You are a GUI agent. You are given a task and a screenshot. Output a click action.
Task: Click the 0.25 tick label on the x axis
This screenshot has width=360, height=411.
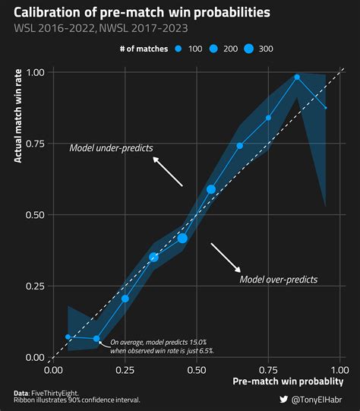pos(125,370)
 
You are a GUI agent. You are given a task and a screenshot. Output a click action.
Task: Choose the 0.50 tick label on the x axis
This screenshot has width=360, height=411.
pos(197,370)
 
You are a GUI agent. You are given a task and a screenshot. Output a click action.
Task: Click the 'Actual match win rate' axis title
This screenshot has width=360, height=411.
pos(18,114)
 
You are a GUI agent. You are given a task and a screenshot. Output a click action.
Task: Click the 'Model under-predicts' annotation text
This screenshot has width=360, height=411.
pos(111,147)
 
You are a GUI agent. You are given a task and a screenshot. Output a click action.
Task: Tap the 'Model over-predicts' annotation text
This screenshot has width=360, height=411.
pos(278,280)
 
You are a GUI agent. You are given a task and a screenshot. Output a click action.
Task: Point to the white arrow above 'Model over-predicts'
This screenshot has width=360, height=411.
pos(226,258)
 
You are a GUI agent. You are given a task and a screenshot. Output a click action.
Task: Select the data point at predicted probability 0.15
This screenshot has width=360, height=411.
pos(96,339)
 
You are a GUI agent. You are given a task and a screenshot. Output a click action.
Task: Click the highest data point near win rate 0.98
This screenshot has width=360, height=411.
pos(297,77)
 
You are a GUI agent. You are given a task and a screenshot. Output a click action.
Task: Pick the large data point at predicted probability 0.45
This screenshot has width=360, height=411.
pos(182,238)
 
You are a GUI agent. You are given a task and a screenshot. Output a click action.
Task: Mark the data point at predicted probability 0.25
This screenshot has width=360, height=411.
pos(125,299)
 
